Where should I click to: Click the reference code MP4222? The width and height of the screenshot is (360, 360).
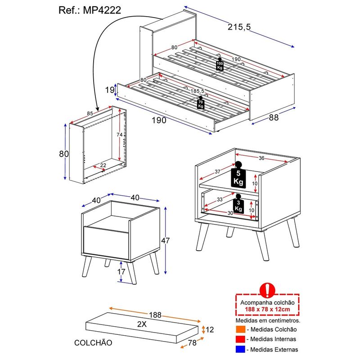click(x=102, y=10)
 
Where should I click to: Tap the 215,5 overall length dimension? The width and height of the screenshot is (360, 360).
click(x=239, y=27)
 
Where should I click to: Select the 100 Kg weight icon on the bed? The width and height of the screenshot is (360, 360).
click(x=220, y=64)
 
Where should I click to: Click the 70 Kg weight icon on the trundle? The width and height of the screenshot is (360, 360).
click(x=201, y=103)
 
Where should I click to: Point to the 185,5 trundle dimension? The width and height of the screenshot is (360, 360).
click(x=197, y=91)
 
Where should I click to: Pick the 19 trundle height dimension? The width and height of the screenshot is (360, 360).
click(x=110, y=90)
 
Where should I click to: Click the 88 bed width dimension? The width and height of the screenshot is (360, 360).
click(x=274, y=117)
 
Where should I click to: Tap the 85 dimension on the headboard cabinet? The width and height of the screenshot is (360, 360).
click(x=90, y=113)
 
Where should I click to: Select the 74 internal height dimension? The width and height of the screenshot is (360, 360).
click(x=119, y=135)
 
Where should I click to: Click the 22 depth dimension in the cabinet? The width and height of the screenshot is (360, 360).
click(x=103, y=165)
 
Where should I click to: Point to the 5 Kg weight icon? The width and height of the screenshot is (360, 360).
click(x=238, y=175)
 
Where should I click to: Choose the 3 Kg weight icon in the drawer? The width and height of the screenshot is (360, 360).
click(x=238, y=204)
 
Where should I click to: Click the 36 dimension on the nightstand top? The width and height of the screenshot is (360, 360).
click(x=261, y=158)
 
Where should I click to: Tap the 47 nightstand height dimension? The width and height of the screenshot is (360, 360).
click(x=165, y=240)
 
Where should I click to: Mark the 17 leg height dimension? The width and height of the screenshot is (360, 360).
click(x=121, y=272)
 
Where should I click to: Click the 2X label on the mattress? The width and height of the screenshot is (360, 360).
click(x=142, y=324)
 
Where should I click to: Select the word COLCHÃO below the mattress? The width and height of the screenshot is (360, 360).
click(x=93, y=343)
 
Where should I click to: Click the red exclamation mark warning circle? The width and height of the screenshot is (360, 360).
click(x=267, y=290)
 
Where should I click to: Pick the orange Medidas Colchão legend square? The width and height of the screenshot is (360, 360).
click(x=240, y=329)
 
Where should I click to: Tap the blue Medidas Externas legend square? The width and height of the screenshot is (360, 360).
click(x=240, y=350)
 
